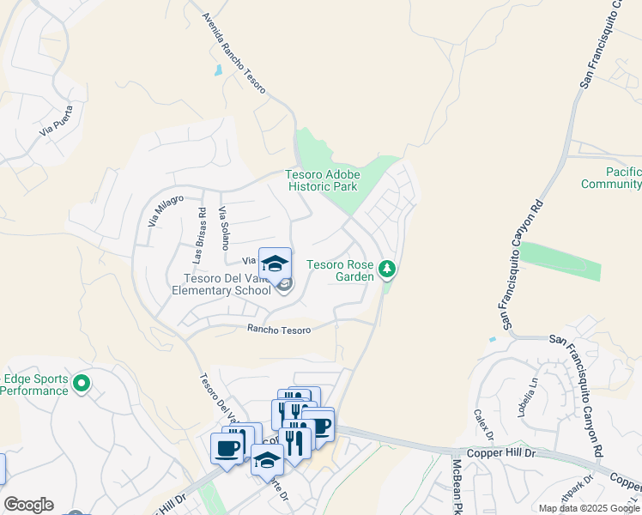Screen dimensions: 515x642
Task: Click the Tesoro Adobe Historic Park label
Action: tap(322, 180)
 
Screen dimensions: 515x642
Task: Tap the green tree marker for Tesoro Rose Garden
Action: tap(388, 270)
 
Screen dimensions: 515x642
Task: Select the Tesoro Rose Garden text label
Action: tap(341, 270)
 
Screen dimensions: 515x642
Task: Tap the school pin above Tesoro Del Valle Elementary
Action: tap(275, 265)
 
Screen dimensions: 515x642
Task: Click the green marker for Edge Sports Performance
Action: tap(82, 383)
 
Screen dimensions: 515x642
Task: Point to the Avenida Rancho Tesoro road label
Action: tap(234, 53)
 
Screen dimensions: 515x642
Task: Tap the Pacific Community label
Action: tap(610, 179)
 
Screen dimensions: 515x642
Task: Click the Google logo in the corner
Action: tap(28, 505)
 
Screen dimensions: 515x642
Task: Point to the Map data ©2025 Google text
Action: tap(589, 508)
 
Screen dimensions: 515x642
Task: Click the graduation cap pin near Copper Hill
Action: tap(267, 460)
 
